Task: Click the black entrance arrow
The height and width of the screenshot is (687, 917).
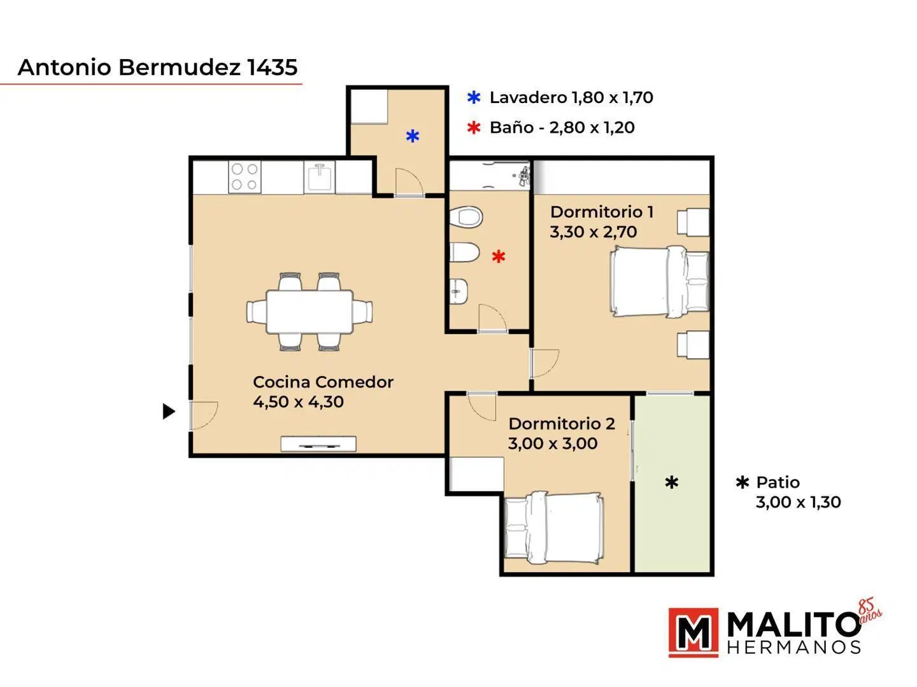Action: click(168, 412)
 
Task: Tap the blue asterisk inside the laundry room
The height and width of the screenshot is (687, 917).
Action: click(413, 136)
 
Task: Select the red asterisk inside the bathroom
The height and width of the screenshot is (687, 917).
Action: click(499, 256)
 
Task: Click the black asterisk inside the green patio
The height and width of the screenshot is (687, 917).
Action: click(671, 483)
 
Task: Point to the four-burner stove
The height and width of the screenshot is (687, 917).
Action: click(245, 177)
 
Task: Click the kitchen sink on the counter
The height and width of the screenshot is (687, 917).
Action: click(320, 177)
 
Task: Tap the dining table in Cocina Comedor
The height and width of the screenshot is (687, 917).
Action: click(309, 312)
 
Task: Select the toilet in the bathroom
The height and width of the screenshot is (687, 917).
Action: click(466, 217)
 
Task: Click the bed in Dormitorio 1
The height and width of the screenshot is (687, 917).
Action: click(659, 281)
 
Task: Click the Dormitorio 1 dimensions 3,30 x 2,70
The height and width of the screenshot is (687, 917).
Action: click(594, 232)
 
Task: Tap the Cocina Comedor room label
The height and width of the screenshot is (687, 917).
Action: click(323, 382)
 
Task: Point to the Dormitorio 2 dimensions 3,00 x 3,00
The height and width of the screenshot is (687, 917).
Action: click(553, 443)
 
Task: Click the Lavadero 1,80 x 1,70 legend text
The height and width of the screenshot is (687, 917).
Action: click(571, 97)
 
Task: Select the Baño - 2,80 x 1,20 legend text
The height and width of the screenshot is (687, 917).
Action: click(562, 127)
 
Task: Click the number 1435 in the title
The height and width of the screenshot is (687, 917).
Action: click(272, 67)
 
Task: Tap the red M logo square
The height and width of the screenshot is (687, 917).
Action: click(693, 632)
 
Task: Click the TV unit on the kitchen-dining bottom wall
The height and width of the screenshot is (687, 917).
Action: click(318, 444)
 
